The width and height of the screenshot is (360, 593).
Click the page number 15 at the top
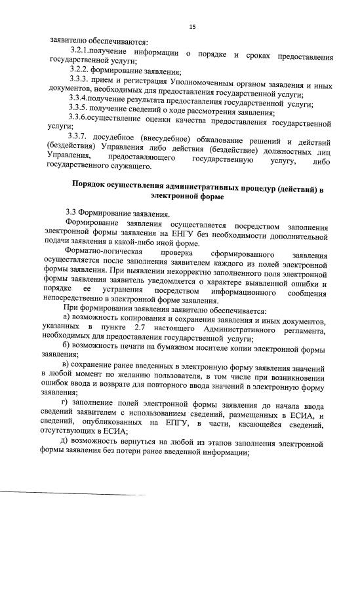pos(193,26)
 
